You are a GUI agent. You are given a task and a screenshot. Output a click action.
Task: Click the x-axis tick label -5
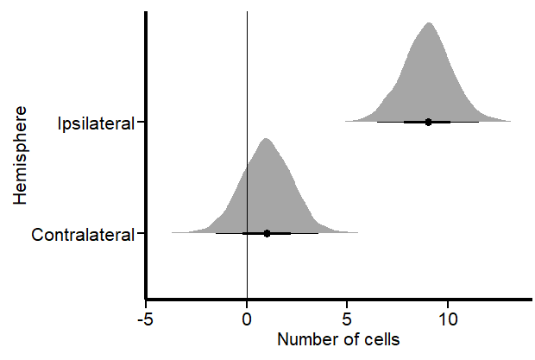point(146,318)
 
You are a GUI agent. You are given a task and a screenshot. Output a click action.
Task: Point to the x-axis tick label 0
point(248,318)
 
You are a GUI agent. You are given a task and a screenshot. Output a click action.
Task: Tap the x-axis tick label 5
point(347,318)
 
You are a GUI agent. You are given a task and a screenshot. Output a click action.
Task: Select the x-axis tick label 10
point(447,318)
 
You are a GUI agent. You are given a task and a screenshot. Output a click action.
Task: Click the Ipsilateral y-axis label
point(95,123)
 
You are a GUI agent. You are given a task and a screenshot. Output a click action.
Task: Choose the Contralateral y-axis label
point(82,234)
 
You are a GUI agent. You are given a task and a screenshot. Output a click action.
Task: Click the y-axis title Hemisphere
point(21,156)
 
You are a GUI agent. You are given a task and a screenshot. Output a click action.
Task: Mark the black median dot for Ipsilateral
point(428,122)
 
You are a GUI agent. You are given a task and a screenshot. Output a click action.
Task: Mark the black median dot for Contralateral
point(267,233)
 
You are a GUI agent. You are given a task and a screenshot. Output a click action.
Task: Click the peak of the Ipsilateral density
point(428,22)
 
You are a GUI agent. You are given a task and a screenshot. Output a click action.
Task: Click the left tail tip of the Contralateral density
point(173,232)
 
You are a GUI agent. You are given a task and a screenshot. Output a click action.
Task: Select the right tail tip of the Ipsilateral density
point(510,122)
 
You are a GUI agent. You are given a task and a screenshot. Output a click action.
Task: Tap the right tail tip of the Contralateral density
point(357,232)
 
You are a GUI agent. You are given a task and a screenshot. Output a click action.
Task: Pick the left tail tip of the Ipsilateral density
point(346,122)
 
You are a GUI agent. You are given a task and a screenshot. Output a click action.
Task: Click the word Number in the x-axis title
point(305,339)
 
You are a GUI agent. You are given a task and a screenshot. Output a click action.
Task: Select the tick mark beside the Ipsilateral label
point(141,123)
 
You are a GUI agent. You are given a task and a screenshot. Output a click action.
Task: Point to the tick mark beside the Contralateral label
point(141,233)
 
